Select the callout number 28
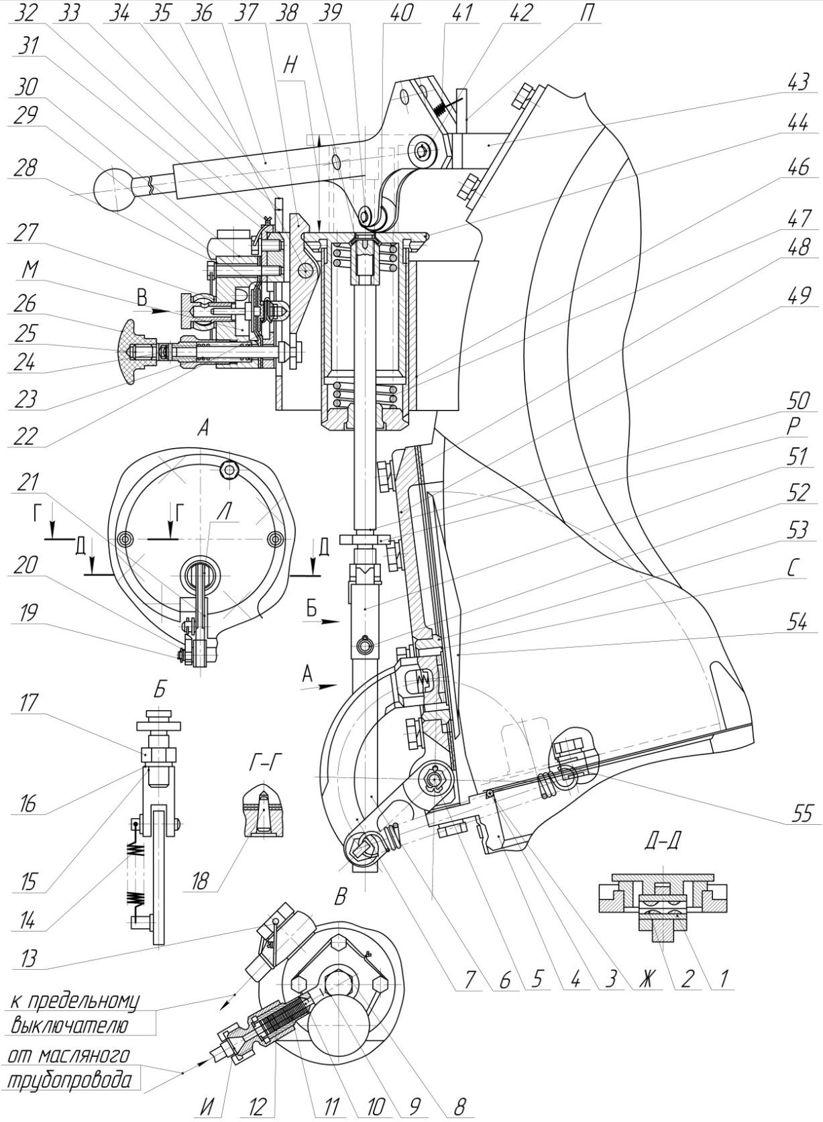26,167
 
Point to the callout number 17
28,704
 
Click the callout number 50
799,401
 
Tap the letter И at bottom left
207,1105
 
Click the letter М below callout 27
30,270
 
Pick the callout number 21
28,482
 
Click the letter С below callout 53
793,569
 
